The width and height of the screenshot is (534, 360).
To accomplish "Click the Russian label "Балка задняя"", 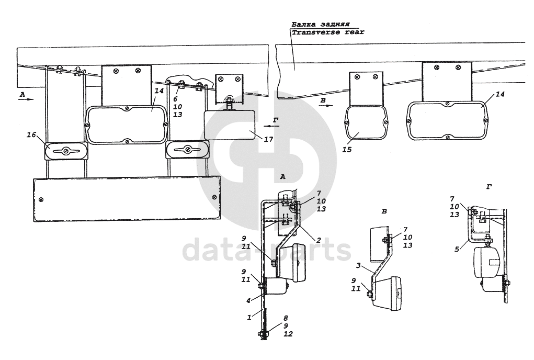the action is (317, 24).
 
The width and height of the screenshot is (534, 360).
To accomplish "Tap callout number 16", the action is (31, 136).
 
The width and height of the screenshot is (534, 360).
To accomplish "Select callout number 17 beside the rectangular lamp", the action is (269, 139).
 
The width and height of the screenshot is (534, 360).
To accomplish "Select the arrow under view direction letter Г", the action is (271, 126).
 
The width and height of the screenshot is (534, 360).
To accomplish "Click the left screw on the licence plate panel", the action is (41, 199).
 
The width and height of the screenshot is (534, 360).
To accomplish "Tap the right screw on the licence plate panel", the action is (214, 196).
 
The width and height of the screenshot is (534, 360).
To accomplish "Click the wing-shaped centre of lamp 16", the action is (65, 151).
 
